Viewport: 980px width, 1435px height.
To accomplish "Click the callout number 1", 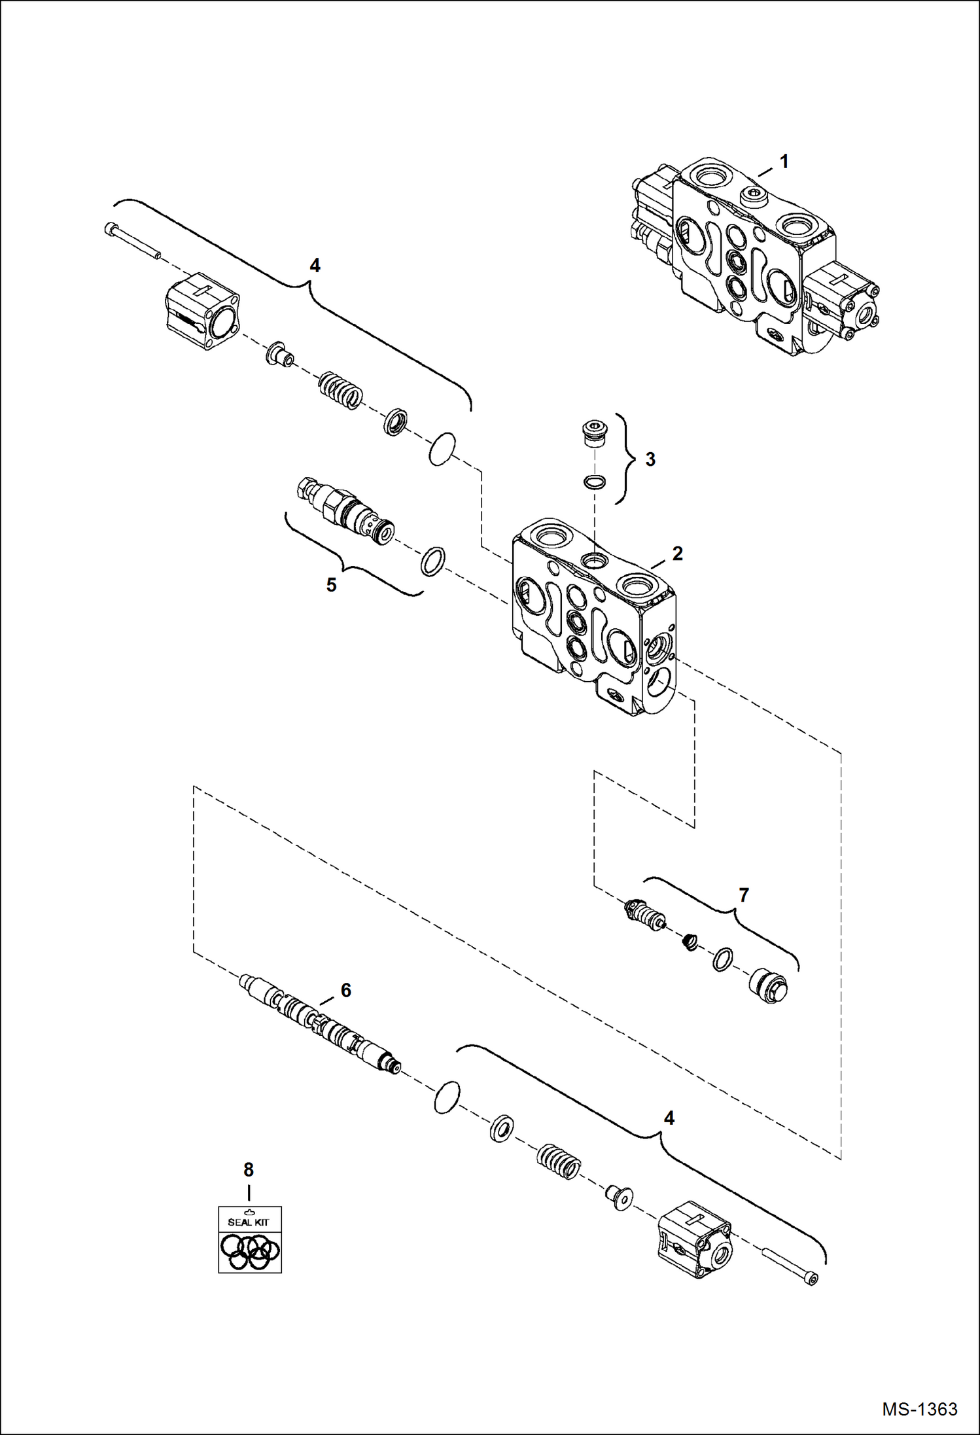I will coord(784,161).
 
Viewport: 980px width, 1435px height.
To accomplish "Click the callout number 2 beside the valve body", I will coord(677,554).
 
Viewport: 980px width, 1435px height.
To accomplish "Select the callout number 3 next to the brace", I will coord(650,459).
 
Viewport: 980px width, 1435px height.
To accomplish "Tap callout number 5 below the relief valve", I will coord(331,585).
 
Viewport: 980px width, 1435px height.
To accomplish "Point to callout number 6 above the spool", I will coord(345,990).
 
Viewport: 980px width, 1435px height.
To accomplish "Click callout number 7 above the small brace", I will coord(743,895).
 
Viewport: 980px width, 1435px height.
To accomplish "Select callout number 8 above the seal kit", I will coord(249,1169).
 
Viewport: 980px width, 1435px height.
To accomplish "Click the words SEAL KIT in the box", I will coord(249,1222).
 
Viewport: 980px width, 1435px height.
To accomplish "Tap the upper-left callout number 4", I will coord(315,266).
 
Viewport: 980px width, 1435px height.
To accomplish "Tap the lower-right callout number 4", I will coord(669,1118).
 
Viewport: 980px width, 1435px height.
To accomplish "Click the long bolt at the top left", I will coord(131,241).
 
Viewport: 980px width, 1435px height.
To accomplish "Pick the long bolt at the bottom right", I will coord(791,1267).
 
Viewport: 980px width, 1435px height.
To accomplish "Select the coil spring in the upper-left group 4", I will coord(340,390).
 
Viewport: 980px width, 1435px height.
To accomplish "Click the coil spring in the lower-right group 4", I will coord(559,1162).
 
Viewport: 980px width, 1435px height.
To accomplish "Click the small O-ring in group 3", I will coord(594,482).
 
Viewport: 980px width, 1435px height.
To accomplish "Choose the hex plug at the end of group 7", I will coord(770,986).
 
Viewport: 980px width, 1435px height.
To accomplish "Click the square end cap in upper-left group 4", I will coord(201,311).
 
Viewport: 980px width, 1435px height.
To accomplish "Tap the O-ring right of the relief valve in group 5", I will coord(432,561).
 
